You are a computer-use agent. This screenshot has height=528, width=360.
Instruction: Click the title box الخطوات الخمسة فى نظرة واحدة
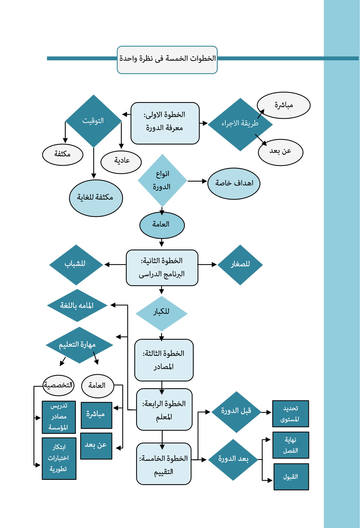(x=167, y=60)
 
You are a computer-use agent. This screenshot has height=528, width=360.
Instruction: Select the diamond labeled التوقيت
(x=93, y=121)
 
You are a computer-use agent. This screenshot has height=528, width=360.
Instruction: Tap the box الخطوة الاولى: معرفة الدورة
(x=165, y=123)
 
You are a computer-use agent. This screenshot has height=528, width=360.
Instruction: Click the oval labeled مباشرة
(x=284, y=105)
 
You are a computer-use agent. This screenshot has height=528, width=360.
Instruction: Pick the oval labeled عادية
(x=121, y=161)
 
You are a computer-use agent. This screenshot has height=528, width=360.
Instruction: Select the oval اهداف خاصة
(x=234, y=183)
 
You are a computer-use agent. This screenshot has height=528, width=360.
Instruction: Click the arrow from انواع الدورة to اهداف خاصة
(x=197, y=181)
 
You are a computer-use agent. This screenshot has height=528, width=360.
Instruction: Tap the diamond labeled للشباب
(x=76, y=264)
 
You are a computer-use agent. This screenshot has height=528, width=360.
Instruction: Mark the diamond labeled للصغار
(x=240, y=265)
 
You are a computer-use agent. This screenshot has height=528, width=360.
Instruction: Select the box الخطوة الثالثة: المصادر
(x=164, y=360)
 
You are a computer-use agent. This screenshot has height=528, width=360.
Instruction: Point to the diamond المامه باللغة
(x=77, y=305)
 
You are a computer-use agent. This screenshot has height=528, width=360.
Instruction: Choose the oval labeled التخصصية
(x=58, y=385)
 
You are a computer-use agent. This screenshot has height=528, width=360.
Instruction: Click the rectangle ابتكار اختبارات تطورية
(x=59, y=458)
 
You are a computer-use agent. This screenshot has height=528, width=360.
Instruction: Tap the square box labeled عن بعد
(x=96, y=446)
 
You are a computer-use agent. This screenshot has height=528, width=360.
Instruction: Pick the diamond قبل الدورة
(x=236, y=412)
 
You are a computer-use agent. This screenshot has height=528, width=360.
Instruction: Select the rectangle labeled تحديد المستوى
(x=290, y=414)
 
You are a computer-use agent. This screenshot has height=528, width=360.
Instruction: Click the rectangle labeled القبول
(x=291, y=477)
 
